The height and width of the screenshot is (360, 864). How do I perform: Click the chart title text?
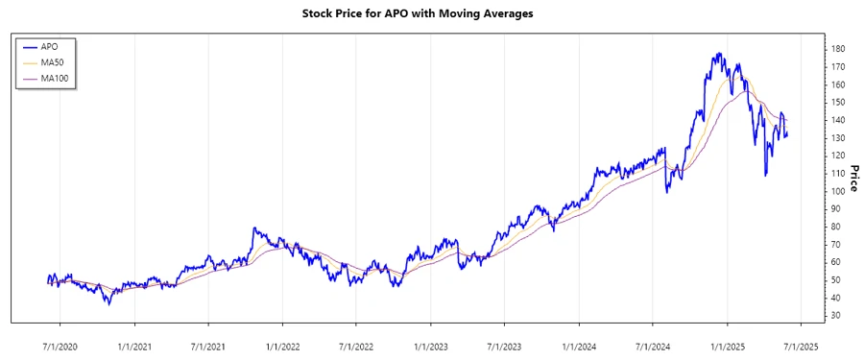[431, 14]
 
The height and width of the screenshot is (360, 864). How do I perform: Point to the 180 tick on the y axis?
[838, 49]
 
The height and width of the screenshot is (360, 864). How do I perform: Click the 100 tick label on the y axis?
[838, 191]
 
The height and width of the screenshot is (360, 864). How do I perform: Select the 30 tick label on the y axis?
[836, 315]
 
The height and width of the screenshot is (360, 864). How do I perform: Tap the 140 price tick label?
[838, 120]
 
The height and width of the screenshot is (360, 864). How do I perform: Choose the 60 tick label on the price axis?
[836, 262]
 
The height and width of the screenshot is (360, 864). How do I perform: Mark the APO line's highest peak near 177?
[718, 54]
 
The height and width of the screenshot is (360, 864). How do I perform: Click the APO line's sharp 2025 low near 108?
[765, 176]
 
